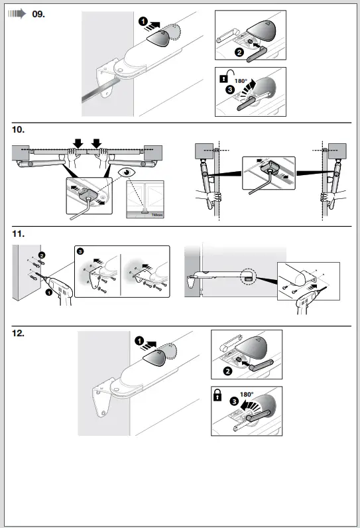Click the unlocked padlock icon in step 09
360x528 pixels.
pos(223,79)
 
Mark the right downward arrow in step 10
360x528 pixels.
pos(98,142)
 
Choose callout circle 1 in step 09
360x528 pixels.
pos(143,22)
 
